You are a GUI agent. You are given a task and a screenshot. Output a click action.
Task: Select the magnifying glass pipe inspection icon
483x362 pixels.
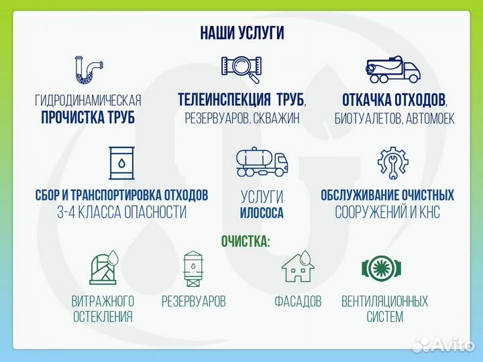coord(241,68)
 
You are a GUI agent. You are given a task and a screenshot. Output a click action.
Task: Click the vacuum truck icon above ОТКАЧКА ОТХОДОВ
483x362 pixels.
coord(394,70)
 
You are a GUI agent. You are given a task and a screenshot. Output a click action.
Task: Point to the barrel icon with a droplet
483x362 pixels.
coord(121,164)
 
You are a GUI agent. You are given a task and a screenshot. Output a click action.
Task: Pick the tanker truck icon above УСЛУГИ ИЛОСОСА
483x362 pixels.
coord(262,163)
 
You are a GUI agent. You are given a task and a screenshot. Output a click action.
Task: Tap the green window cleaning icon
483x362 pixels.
coord(103,268)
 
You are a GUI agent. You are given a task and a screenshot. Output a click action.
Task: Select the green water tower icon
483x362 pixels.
coord(193,268)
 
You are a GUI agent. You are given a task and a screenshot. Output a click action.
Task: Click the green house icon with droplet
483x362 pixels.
coord(298,267)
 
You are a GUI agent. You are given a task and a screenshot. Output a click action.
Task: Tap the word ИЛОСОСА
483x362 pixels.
coord(262,214)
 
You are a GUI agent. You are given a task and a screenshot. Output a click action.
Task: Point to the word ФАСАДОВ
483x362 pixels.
coord(298,302)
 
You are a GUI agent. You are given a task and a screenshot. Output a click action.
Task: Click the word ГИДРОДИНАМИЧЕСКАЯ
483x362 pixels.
coord(88,101)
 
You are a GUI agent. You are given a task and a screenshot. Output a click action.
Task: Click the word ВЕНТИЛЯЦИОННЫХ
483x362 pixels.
coord(384,302)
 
